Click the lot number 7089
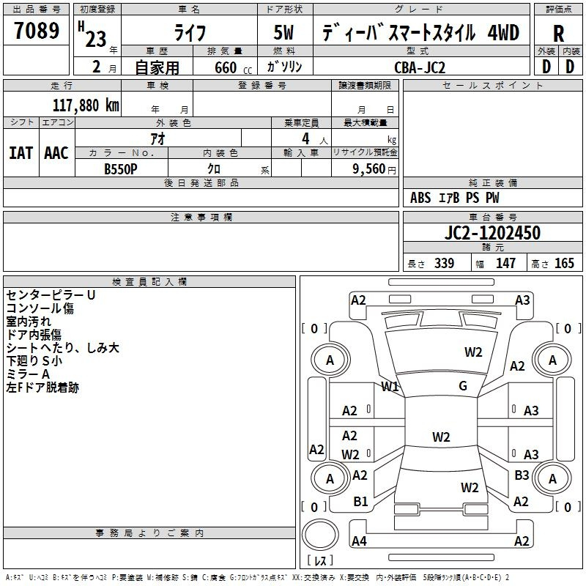click(37, 30)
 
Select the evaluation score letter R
click(558, 34)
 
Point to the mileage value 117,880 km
click(86, 105)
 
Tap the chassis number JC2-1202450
click(492, 232)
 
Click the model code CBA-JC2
click(420, 67)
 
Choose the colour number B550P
click(121, 169)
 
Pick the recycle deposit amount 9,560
click(369, 169)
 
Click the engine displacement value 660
click(226, 67)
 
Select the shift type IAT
click(21, 153)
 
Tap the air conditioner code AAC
click(56, 153)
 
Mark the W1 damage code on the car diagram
click(390, 387)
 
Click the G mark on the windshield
click(463, 386)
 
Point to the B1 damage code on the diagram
click(360, 502)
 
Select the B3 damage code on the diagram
click(522, 475)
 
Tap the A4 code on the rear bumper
click(359, 541)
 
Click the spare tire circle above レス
click(320, 535)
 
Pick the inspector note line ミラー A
click(28, 374)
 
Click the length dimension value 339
click(444, 263)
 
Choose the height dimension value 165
click(564, 263)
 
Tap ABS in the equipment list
click(420, 198)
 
